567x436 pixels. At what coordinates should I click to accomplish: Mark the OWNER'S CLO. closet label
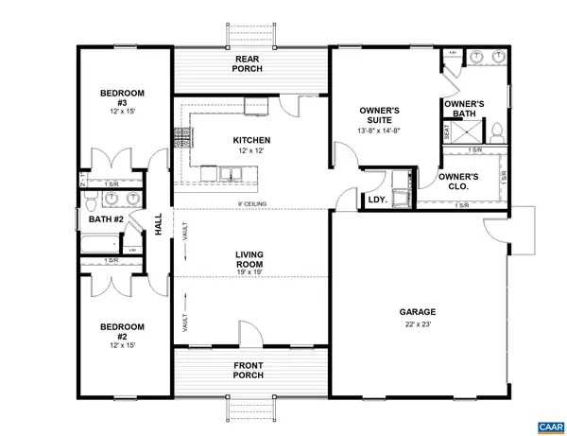click(x=458, y=182)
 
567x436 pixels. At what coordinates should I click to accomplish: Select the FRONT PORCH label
click(x=251, y=370)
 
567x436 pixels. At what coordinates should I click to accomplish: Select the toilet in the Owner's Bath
click(x=495, y=130)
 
